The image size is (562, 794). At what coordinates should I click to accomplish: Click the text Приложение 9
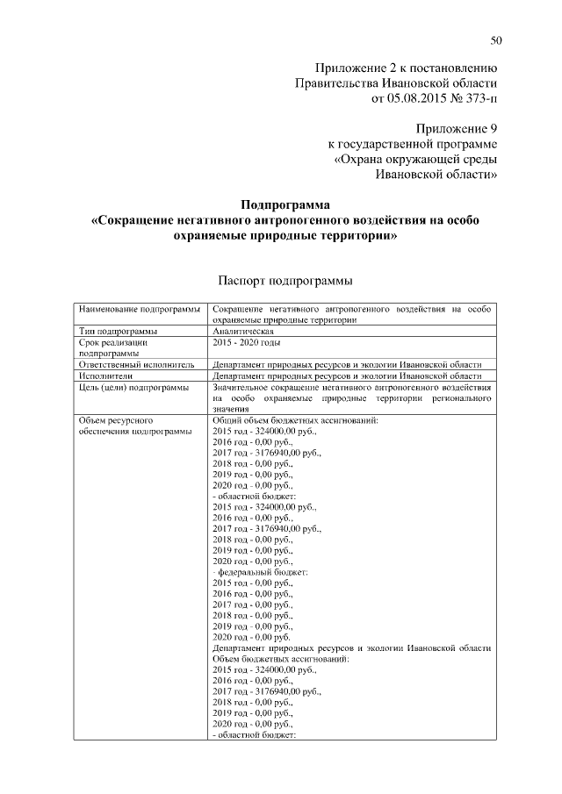pyautogui.click(x=451, y=128)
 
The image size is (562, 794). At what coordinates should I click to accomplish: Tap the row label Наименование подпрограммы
pyautogui.click(x=136, y=310)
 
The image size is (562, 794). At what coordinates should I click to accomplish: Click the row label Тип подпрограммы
pyautogui.click(x=119, y=332)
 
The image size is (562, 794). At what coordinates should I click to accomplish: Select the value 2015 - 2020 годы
pyautogui.click(x=253, y=343)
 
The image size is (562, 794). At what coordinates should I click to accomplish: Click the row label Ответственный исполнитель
pyautogui.click(x=135, y=364)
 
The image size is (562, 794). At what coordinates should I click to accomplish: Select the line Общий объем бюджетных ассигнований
pyautogui.click(x=295, y=420)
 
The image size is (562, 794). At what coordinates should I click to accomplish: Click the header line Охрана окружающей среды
pyautogui.click(x=416, y=159)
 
